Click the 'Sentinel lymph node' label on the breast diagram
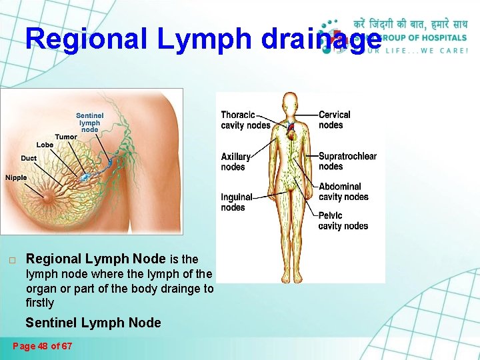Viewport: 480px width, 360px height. (x=89, y=123)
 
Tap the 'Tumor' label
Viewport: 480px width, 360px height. (x=66, y=137)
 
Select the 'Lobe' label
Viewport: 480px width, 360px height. (x=45, y=145)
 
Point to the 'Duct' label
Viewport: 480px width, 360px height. (x=29, y=159)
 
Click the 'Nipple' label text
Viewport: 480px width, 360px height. (x=16, y=177)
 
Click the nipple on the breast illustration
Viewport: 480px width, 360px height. (x=49, y=196)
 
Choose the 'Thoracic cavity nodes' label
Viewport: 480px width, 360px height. (x=245, y=120)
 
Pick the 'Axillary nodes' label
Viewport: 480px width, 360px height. (x=236, y=162)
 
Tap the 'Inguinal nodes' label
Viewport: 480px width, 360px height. (x=237, y=202)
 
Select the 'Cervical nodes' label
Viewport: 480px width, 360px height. (x=334, y=120)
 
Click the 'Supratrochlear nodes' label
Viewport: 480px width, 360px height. (x=347, y=161)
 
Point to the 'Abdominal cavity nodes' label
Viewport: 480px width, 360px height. (x=343, y=192)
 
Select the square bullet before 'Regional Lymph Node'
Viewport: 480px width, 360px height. (x=12, y=259)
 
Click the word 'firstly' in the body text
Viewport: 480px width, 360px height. (x=39, y=303)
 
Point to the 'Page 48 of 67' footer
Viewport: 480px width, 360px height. (x=43, y=346)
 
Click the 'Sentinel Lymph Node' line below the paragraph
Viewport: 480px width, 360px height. (x=93, y=323)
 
